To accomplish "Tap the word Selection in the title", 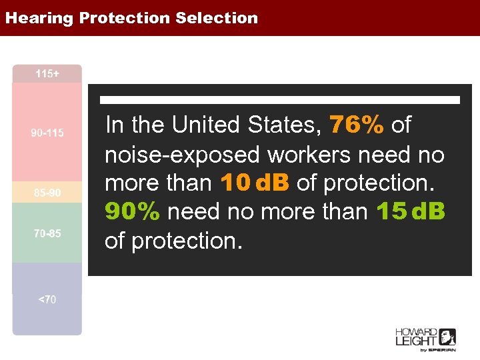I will coord(217,18).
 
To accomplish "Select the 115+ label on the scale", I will coord(47,73).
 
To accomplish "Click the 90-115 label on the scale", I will coord(47,133).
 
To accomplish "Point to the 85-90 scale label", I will coord(47,193).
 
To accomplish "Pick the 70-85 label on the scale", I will coord(47,233).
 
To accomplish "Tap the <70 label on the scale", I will coord(47,299).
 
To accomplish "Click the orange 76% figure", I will coord(357,125).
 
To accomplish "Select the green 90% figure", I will coord(133,211).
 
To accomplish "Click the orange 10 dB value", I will coord(253,183).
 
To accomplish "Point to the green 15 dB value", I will coord(410,211).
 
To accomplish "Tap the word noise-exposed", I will coord(183,154).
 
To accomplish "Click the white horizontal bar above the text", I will coord(280,100).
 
